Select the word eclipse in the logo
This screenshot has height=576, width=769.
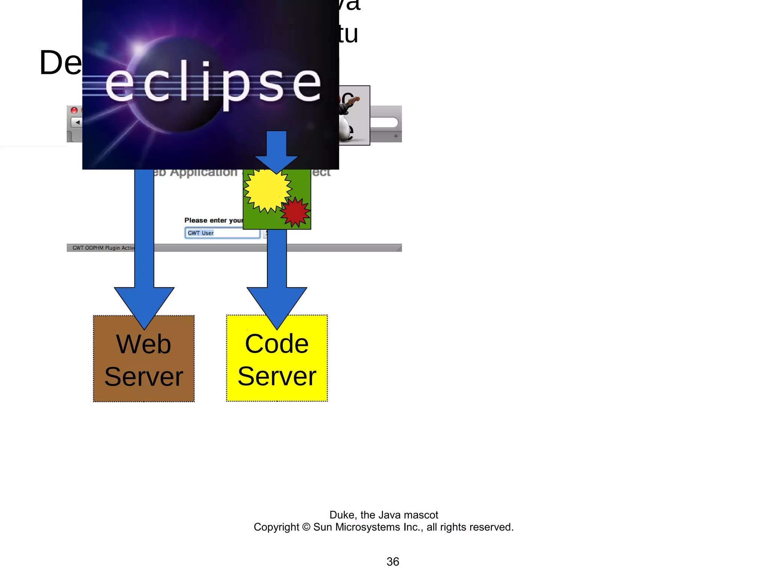(x=213, y=83)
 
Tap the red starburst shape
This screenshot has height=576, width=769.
(x=296, y=212)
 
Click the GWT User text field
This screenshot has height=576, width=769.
(x=222, y=233)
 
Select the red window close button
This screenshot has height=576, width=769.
(x=74, y=110)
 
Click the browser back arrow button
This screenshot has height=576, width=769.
(x=77, y=122)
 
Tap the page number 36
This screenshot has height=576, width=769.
(x=393, y=562)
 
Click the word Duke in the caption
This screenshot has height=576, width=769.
(x=342, y=515)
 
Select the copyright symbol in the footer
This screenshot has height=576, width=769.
(x=306, y=527)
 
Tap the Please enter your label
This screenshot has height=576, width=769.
(x=213, y=220)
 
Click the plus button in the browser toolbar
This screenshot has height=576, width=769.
(x=396, y=136)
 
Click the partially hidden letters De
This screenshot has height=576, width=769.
(x=60, y=63)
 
